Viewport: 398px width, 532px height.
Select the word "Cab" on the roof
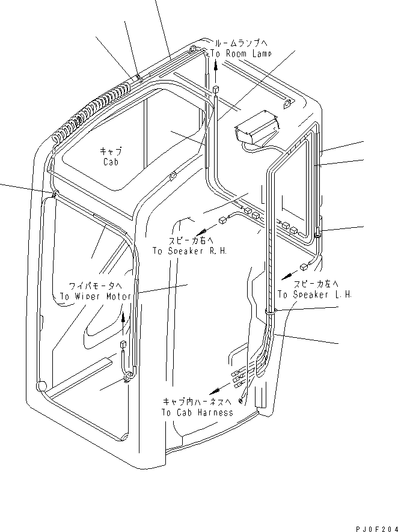pyautogui.click(x=110, y=162)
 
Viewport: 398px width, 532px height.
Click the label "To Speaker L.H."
pyautogui.click(x=314, y=295)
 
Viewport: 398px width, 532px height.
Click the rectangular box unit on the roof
pyautogui.click(x=256, y=127)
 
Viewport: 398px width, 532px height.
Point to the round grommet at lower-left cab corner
pyautogui.click(x=41, y=385)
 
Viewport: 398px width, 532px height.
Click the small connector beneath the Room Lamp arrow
pyautogui.click(x=215, y=90)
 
